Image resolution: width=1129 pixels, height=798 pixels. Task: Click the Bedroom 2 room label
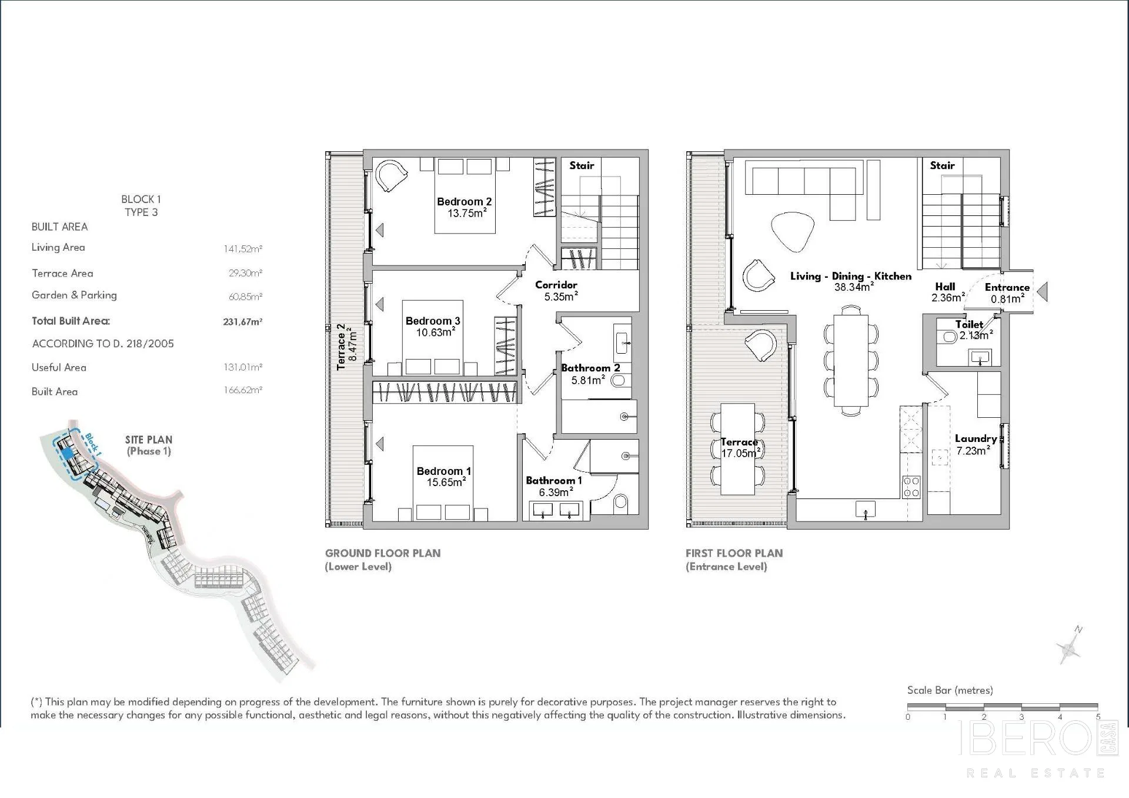pyautogui.click(x=464, y=201)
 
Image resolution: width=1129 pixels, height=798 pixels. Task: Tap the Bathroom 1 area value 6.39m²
pyautogui.click(x=556, y=492)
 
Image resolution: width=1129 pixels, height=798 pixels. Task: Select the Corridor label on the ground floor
pyautogui.click(x=556, y=285)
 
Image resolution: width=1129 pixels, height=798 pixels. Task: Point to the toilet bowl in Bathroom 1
pyautogui.click(x=620, y=502)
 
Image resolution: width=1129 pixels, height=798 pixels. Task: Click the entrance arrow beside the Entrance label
pyautogui.click(x=1042, y=291)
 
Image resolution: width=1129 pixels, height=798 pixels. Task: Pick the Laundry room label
pyautogui.click(x=976, y=438)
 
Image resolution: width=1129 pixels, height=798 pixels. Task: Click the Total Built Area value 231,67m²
pyautogui.click(x=242, y=322)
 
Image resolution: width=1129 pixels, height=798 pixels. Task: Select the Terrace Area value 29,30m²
pyautogui.click(x=245, y=273)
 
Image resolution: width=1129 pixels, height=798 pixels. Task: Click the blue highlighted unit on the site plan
pyautogui.click(x=68, y=453)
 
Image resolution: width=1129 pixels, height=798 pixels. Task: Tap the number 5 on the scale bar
pyautogui.click(x=1098, y=717)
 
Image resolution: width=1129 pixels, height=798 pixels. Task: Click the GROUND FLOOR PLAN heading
pyautogui.click(x=383, y=553)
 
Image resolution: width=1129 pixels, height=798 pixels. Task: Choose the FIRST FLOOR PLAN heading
pyautogui.click(x=734, y=553)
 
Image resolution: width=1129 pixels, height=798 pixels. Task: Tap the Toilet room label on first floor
pyautogui.click(x=969, y=324)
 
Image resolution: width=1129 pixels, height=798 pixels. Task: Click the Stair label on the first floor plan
pyautogui.click(x=942, y=165)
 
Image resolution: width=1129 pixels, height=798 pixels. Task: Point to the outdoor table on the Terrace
pyautogui.click(x=738, y=449)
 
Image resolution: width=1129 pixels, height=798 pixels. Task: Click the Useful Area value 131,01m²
pyautogui.click(x=243, y=367)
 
